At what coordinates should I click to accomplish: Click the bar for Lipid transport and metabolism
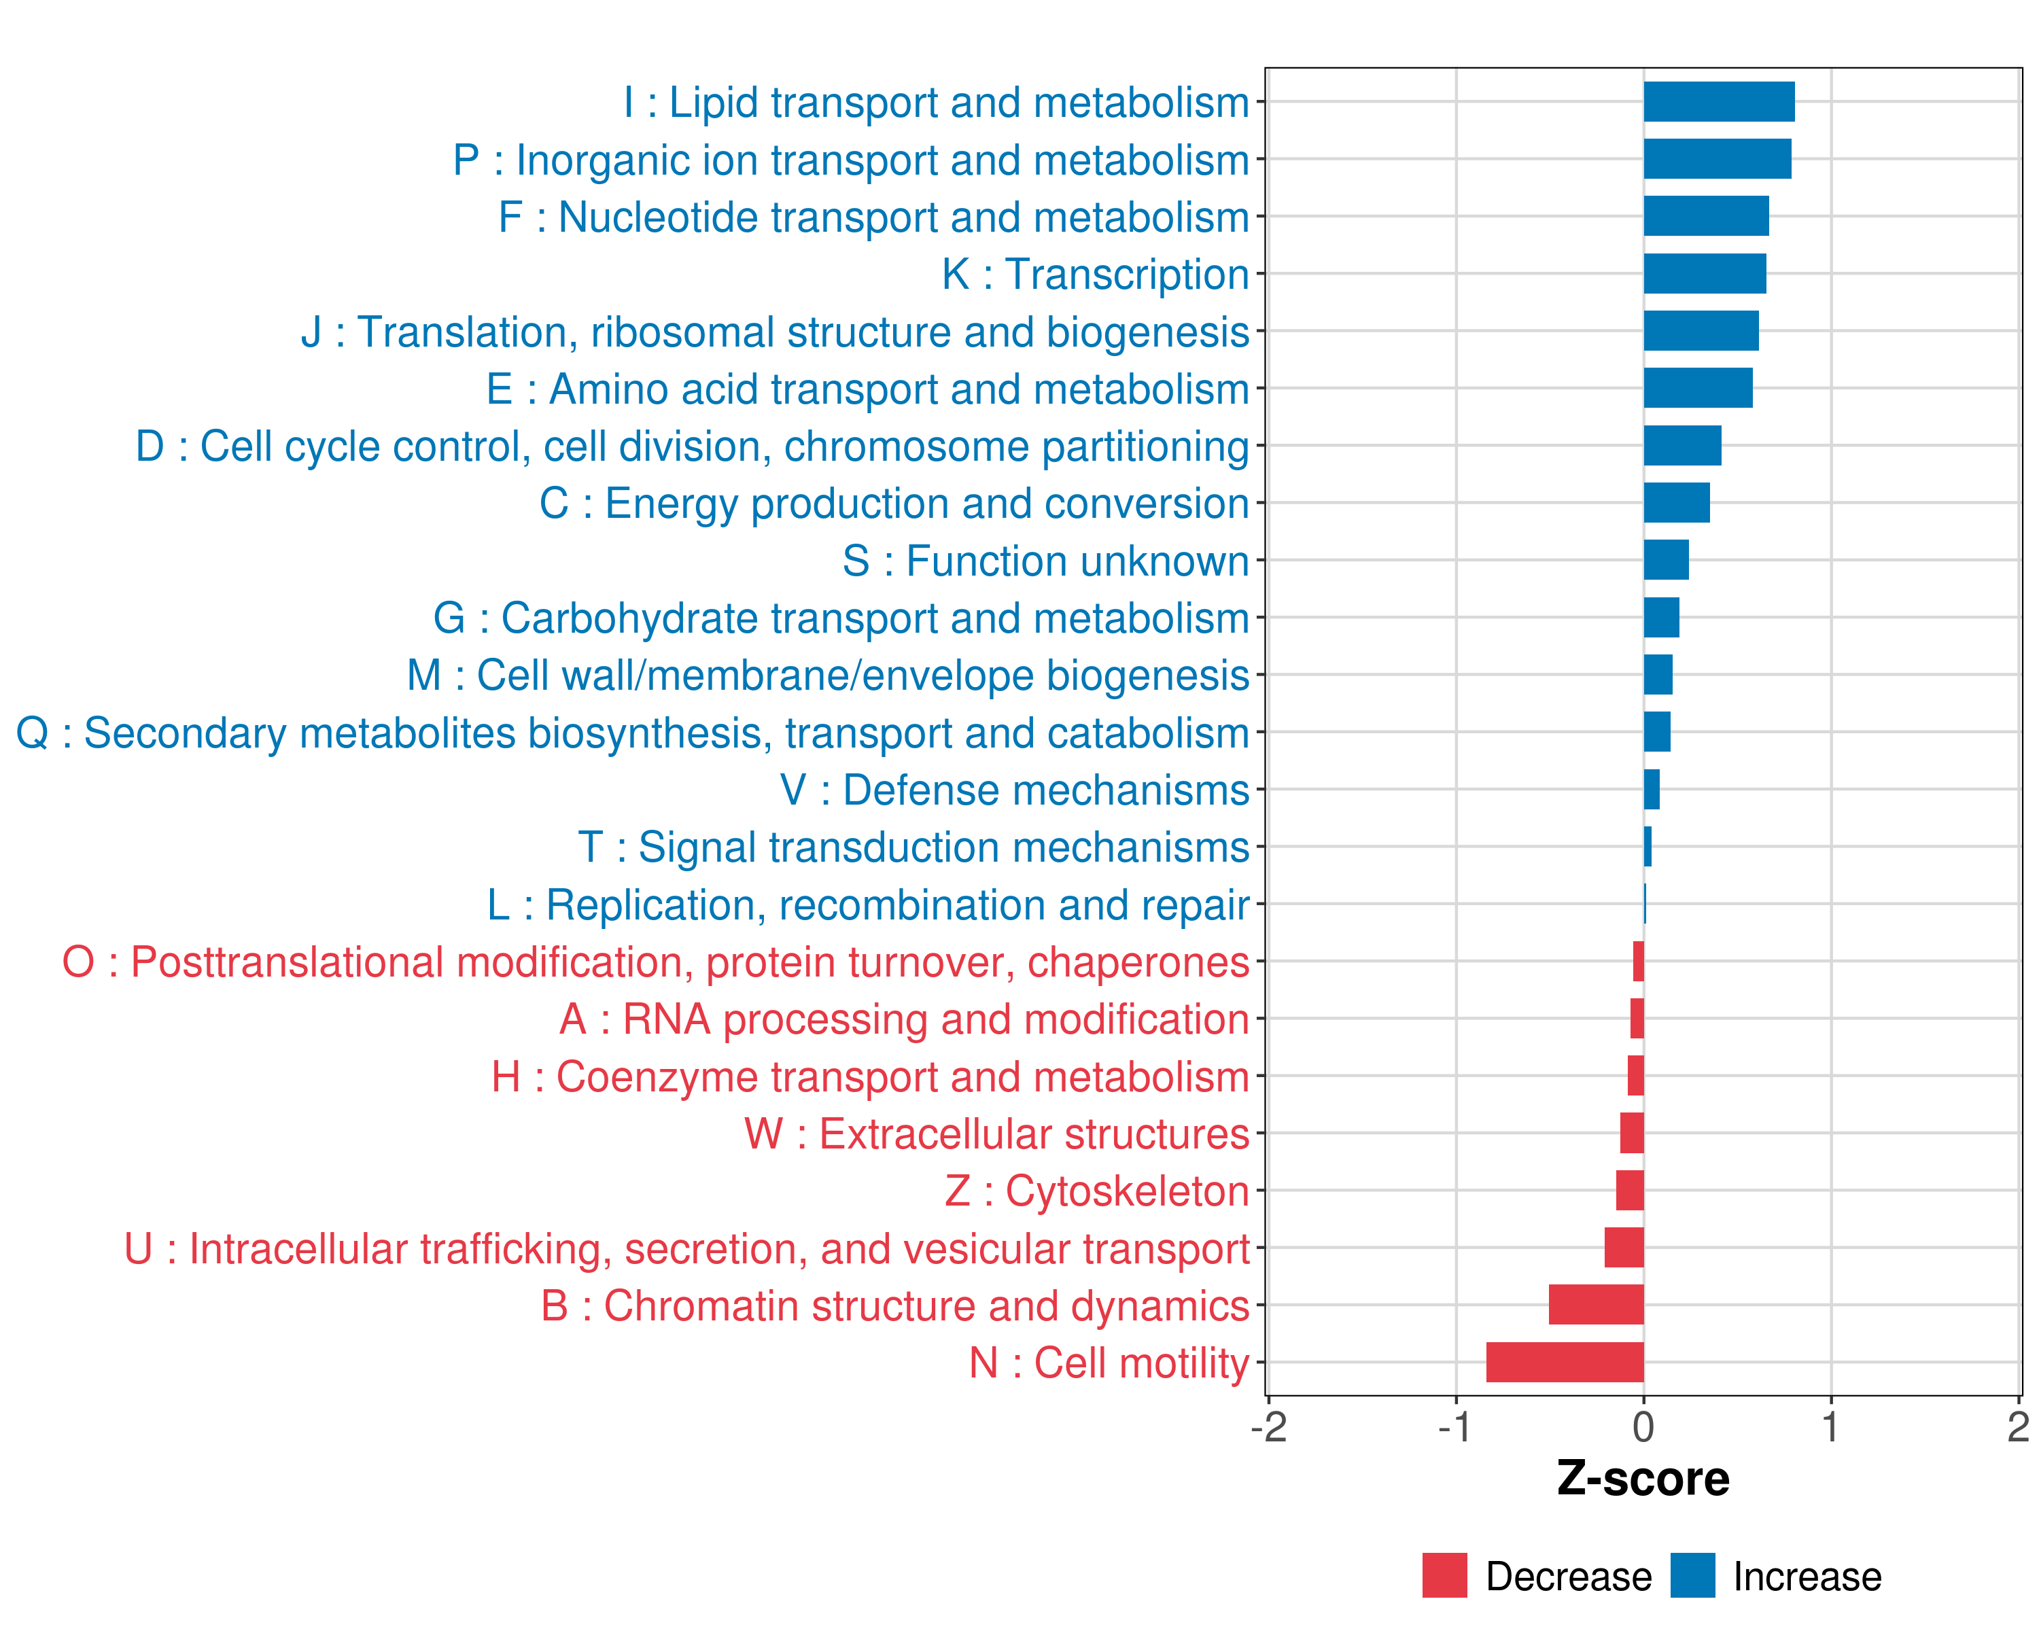(x=1718, y=102)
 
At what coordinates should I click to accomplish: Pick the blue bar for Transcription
(x=1704, y=274)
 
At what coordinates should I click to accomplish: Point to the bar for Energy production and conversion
(x=1676, y=503)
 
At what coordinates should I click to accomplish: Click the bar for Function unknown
(x=1665, y=560)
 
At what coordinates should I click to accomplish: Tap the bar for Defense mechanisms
(x=1651, y=790)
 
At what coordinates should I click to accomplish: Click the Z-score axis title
(x=1643, y=1479)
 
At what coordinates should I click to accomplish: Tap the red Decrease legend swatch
(x=1444, y=1575)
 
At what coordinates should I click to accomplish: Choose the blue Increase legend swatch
(x=1692, y=1575)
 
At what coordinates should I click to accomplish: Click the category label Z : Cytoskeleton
(x=1097, y=1191)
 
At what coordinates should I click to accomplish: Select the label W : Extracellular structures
(x=997, y=1134)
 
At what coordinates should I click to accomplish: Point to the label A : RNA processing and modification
(x=904, y=1019)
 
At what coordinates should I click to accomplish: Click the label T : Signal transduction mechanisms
(x=913, y=847)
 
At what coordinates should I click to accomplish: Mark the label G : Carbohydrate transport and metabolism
(x=841, y=618)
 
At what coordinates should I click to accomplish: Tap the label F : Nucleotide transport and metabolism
(x=874, y=217)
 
